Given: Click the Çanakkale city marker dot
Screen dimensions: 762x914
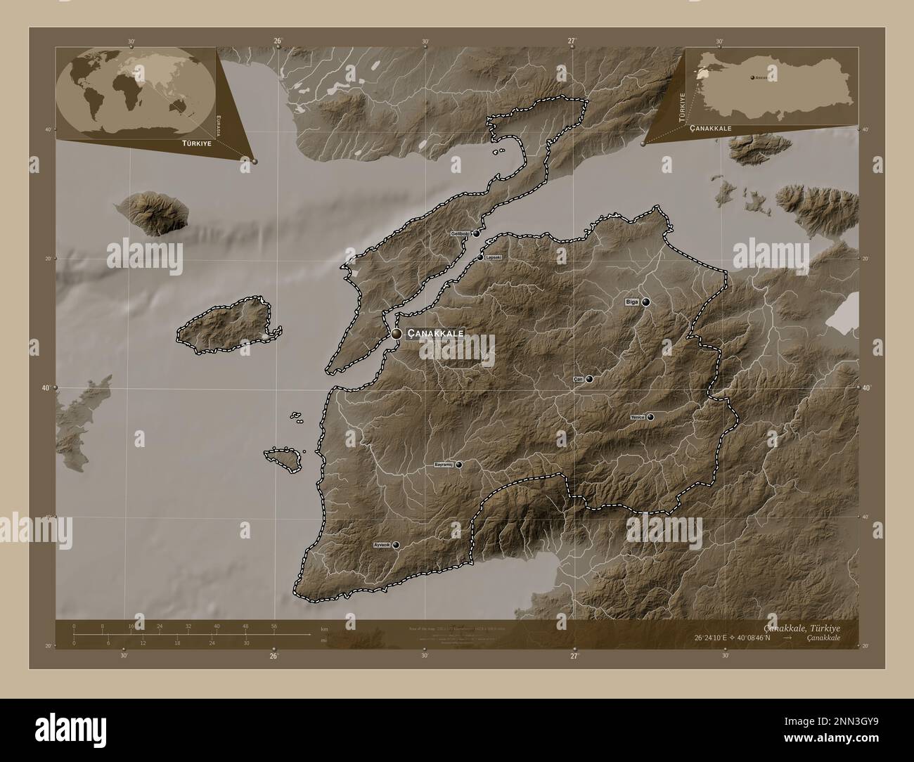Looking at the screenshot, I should (x=397, y=334).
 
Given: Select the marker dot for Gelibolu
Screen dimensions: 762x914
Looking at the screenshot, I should (x=476, y=233).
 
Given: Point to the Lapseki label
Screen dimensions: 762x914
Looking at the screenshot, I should (x=494, y=257).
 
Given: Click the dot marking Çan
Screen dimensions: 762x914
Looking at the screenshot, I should (x=589, y=379).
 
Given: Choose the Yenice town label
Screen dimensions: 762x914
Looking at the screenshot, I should (x=638, y=417).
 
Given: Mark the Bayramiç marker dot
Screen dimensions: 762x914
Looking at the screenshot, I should (x=458, y=465).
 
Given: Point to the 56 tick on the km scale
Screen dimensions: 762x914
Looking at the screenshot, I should (x=273, y=626).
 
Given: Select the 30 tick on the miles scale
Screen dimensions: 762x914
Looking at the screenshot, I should (x=246, y=642).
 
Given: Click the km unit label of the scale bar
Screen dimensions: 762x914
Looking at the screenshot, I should (x=323, y=628).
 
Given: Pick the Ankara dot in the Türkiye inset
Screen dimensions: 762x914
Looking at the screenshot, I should (x=753, y=77).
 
